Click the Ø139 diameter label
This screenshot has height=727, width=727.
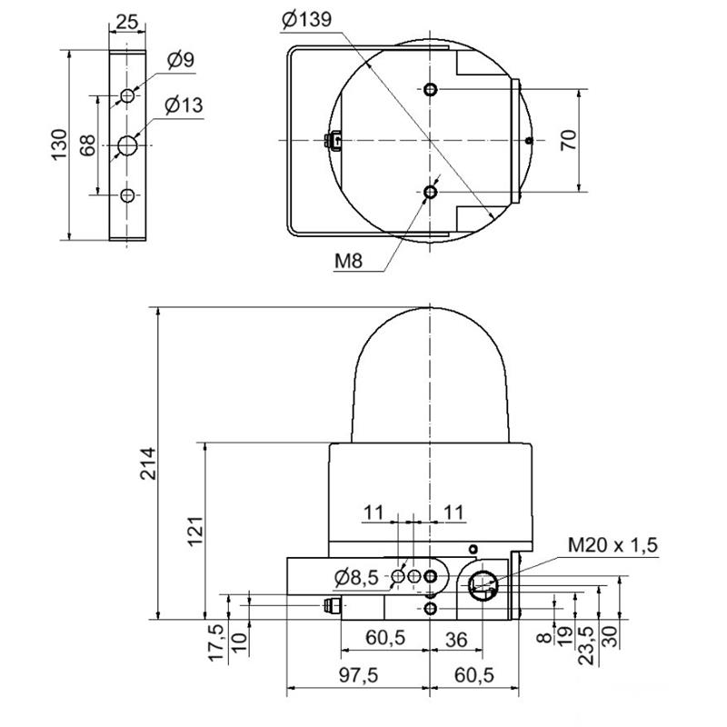(x=306, y=20)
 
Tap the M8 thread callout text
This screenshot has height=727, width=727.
(x=349, y=261)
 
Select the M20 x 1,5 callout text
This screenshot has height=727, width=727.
(x=612, y=545)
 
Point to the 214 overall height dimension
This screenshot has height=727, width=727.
(x=149, y=463)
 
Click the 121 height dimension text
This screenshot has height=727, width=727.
(x=195, y=532)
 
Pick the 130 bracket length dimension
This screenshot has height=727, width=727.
(x=59, y=144)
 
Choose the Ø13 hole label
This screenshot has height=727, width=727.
(x=184, y=105)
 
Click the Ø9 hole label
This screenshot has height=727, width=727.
(x=181, y=60)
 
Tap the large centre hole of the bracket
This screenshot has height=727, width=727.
(x=126, y=145)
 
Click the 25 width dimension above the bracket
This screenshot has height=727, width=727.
(x=126, y=21)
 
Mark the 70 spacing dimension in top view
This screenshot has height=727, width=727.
(x=569, y=140)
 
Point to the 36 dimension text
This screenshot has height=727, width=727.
(x=456, y=640)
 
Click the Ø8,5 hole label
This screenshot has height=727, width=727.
(x=356, y=578)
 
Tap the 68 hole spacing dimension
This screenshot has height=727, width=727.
(x=87, y=144)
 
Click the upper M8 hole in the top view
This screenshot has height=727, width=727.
(x=431, y=88)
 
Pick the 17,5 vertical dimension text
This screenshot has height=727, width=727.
(x=216, y=642)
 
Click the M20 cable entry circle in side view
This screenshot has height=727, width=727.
(x=483, y=586)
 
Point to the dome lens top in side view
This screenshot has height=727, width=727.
(x=430, y=307)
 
